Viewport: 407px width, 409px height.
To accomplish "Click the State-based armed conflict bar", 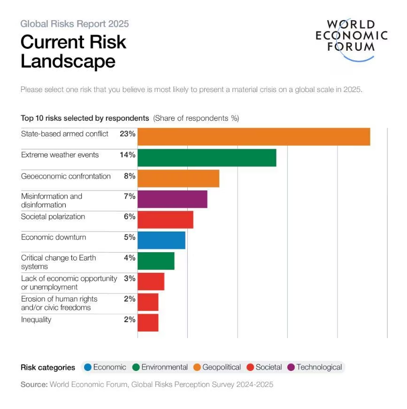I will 253,137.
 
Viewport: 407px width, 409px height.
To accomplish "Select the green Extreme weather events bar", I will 207,158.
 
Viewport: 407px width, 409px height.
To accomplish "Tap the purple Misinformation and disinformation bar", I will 172,199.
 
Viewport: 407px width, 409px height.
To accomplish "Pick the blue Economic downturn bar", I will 161,240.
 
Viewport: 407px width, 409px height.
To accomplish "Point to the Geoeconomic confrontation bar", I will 178,178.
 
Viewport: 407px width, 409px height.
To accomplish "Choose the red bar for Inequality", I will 148,323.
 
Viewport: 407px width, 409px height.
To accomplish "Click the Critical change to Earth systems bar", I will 156,261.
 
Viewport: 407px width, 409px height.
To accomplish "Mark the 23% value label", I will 127,134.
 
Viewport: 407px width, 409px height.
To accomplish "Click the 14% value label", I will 127,154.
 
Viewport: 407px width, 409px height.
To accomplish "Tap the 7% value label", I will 130,196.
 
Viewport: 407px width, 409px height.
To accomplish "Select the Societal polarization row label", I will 53,217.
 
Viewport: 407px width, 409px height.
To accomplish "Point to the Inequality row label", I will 36,320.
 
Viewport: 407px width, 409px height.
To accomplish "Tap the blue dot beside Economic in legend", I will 87,368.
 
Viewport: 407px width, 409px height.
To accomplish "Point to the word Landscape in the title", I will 68,62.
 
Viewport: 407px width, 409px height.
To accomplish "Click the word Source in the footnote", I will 34,385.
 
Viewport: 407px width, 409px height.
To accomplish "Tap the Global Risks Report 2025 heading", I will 75,24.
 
